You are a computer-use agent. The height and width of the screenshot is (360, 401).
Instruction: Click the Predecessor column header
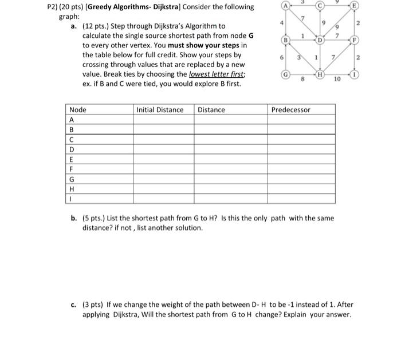[290, 110]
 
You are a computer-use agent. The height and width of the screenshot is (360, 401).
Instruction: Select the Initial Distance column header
[160, 110]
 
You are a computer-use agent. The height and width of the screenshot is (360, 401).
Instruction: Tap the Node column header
[77, 110]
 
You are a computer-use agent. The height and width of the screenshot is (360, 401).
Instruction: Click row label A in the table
[72, 120]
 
